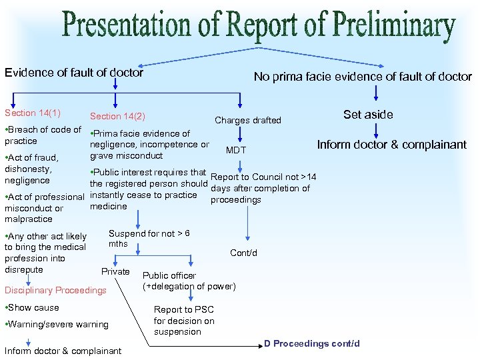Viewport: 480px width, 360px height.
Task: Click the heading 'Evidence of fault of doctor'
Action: point(74,73)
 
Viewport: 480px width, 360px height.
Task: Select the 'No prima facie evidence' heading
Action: point(363,77)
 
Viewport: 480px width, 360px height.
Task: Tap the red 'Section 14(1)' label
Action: point(33,113)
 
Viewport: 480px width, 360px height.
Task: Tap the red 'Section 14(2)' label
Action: point(117,117)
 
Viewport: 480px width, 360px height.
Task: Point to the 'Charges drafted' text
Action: point(247,121)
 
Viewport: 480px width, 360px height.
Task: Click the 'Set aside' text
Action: point(368,115)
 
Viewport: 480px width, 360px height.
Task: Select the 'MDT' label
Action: point(236,150)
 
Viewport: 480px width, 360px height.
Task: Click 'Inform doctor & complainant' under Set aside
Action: point(391,145)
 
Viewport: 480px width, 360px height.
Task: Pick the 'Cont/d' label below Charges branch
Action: point(243,253)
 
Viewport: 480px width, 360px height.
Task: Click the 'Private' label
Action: point(115,271)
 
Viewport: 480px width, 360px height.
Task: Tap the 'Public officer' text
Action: point(169,275)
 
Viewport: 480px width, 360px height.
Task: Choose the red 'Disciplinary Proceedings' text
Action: point(55,290)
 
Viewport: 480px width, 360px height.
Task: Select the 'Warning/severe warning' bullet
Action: point(57,325)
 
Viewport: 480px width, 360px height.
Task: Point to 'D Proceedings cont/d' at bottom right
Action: point(311,344)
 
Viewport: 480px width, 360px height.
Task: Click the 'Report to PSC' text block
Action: point(184,321)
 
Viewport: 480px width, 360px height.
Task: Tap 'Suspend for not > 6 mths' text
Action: point(149,238)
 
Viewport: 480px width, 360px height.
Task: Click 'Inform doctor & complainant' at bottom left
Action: point(63,351)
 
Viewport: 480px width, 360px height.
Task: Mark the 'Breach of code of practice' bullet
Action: point(43,135)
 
